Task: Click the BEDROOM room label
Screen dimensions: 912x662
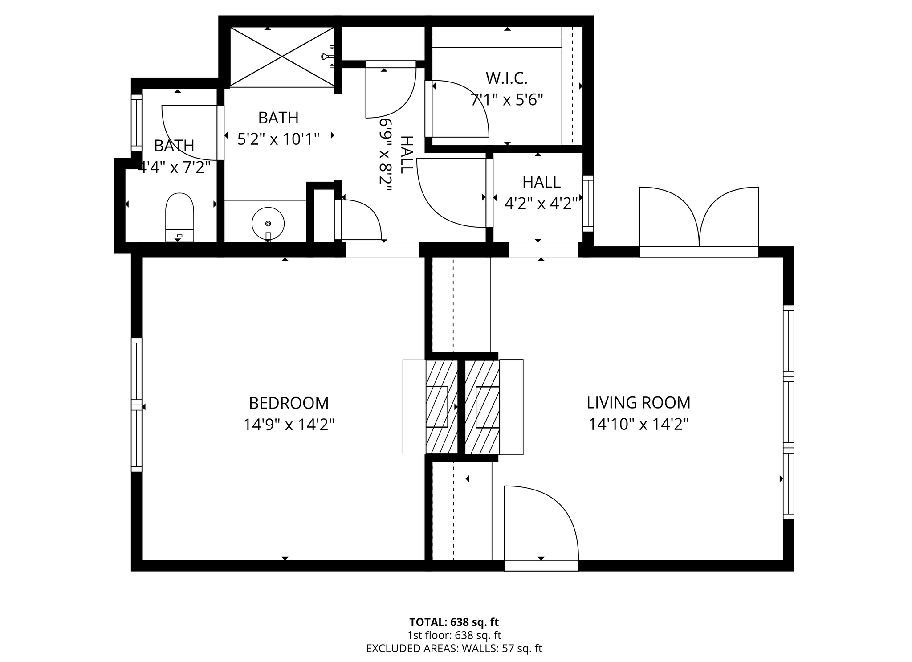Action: pos(289,403)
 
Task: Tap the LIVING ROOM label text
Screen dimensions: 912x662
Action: pos(639,403)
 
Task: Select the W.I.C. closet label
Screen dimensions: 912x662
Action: pos(507,78)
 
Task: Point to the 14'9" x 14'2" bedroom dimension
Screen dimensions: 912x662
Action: pos(289,425)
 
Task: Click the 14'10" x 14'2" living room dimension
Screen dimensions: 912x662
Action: pos(639,424)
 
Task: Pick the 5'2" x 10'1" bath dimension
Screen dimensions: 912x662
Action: pos(278,139)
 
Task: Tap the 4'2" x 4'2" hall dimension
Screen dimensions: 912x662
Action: pos(541,204)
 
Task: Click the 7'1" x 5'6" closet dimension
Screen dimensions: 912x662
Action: pos(507,100)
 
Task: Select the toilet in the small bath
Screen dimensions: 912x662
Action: pos(179,217)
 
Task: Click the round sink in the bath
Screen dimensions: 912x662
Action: pos(268,223)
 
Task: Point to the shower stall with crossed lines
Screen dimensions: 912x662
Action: pos(282,57)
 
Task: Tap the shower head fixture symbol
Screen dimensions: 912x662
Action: pos(327,57)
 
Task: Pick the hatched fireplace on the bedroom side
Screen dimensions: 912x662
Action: pos(442,407)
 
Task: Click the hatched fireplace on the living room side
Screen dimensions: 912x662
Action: pos(482,407)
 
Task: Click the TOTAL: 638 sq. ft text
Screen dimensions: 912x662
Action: pos(454,622)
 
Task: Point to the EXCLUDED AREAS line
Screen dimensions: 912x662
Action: pos(454,648)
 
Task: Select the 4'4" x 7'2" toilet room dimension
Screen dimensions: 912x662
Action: pos(175,167)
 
